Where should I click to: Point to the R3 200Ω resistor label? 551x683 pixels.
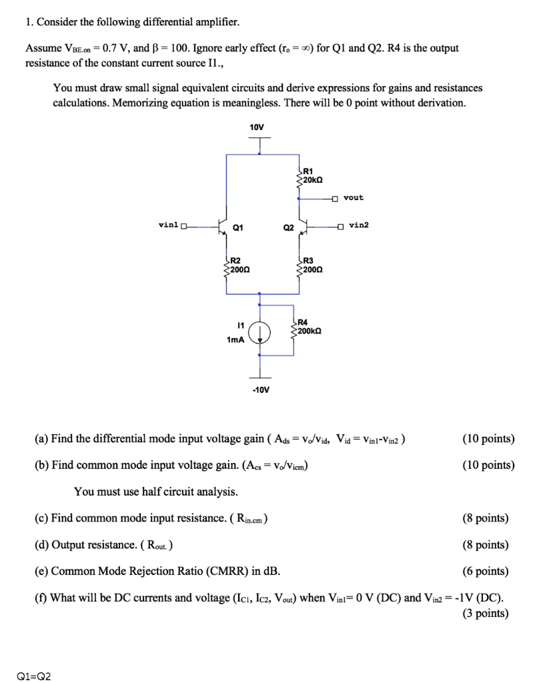[312, 265]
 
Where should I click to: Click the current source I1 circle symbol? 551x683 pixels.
[260, 331]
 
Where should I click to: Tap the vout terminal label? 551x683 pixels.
[354, 197]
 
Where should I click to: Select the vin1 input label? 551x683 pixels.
[168, 225]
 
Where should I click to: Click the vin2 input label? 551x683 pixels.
[358, 225]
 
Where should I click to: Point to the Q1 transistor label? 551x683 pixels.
[237, 228]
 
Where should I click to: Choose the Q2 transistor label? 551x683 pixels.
[288, 228]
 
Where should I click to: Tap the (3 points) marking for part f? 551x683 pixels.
[485, 614]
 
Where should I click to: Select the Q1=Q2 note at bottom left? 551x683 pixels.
[33, 676]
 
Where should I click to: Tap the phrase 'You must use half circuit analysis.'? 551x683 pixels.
[155, 492]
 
